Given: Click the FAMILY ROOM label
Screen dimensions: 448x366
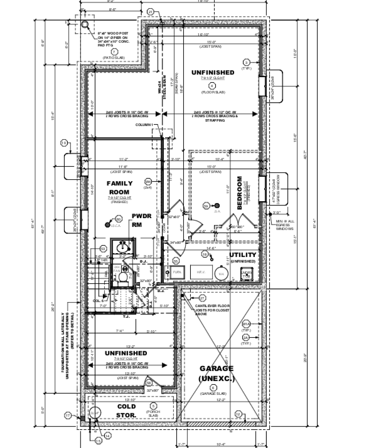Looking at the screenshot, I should pyautogui.click(x=119, y=187).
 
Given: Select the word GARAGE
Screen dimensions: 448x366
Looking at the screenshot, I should pyautogui.click(x=217, y=368).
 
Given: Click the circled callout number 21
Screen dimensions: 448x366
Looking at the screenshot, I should pyautogui.click(x=151, y=12).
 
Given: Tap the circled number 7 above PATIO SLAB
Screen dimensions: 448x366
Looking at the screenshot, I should pyautogui.click(x=114, y=51).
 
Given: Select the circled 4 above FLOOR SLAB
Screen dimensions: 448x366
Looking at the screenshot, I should pyautogui.click(x=212, y=85).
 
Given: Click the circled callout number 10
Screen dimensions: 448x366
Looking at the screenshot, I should pyautogui.click(x=63, y=143).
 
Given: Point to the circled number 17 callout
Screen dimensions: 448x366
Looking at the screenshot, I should pyautogui.click(x=68, y=415).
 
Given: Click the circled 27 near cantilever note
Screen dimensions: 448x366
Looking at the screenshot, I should pyautogui.click(x=202, y=298).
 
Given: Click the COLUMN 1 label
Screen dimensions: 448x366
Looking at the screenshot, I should pyautogui.click(x=144, y=125).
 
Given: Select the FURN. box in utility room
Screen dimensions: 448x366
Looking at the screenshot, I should pyautogui.click(x=178, y=273).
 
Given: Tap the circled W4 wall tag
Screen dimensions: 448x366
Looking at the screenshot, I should pyautogui.click(x=148, y=182).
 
